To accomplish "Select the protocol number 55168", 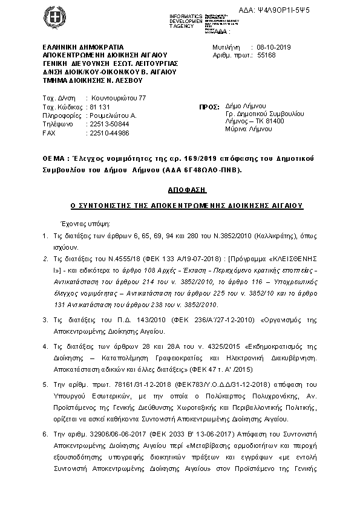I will pos(267,54).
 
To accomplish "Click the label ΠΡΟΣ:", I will pos(209,106).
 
